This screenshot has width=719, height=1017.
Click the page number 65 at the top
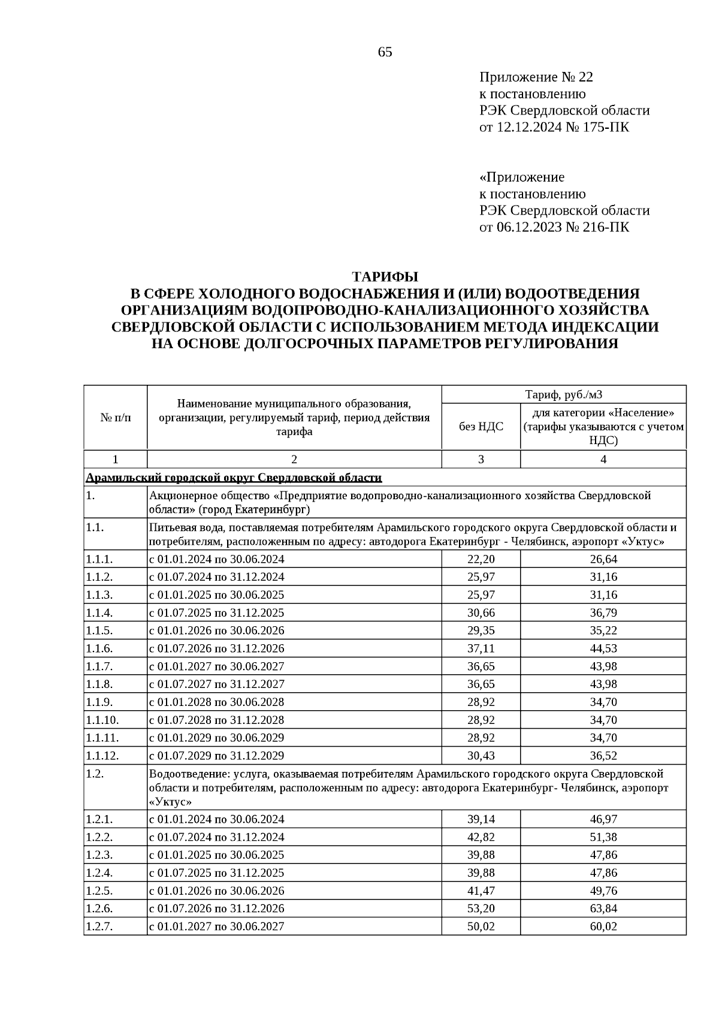click(385, 52)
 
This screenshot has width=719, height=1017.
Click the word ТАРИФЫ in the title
click(385, 277)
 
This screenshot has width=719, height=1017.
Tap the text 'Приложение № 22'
click(536, 77)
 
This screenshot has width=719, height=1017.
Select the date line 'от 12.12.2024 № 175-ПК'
click(554, 127)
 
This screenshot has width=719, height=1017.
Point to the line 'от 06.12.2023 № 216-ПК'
click(554, 227)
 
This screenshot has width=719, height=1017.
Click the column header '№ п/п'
click(115, 418)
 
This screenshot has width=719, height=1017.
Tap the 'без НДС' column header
click(481, 426)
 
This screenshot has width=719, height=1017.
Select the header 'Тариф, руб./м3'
click(563, 394)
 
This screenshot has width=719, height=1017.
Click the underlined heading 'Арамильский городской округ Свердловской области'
click(234, 478)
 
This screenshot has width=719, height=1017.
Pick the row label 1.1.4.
click(101, 612)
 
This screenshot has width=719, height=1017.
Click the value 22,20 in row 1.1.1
click(481, 559)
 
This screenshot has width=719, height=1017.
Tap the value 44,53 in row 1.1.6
click(603, 648)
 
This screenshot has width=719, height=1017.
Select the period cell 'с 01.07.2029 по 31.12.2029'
click(217, 755)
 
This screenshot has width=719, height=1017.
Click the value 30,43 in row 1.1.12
click(481, 756)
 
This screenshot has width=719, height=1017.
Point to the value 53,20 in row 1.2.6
click(481, 909)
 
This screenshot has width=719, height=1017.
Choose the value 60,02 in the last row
click(603, 927)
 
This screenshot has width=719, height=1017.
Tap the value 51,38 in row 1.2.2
click(603, 837)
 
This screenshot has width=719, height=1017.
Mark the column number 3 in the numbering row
click(481, 459)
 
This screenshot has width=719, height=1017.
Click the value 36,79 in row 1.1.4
click(603, 612)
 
